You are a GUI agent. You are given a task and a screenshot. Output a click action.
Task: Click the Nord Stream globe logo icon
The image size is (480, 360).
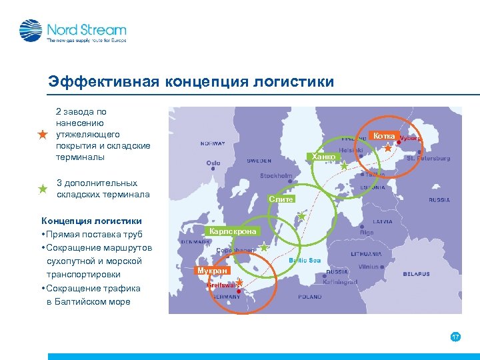point(31,31)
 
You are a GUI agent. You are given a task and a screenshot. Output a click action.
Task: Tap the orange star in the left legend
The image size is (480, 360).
point(43,135)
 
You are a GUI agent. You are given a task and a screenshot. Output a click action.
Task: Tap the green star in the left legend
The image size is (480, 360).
point(43,189)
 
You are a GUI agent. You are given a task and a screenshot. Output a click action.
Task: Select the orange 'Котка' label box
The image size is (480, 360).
point(383,135)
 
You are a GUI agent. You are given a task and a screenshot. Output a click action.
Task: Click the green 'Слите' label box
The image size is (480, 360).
point(281,199)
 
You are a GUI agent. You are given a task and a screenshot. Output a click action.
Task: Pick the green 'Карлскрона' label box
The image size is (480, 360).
point(232,231)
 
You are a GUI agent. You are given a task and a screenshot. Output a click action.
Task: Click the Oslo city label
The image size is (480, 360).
point(213,163)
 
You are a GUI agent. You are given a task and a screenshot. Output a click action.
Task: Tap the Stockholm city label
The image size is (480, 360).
point(276,176)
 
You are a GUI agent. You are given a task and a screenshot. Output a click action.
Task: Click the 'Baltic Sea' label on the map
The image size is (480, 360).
point(305,260)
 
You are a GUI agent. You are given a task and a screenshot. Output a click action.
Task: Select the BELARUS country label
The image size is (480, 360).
point(415,274)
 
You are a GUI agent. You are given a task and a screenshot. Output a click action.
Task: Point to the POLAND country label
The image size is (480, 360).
point(309,296)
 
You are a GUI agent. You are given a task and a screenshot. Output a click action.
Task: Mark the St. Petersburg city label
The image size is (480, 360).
point(428,159)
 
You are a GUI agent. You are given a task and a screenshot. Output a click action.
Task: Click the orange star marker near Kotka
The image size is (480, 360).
point(388,148)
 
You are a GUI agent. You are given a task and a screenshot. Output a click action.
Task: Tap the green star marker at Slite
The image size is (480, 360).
point(301,216)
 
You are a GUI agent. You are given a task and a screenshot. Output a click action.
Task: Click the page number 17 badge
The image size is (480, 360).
point(455,337)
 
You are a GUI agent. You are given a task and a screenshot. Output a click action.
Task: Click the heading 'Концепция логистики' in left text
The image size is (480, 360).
point(91,221)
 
